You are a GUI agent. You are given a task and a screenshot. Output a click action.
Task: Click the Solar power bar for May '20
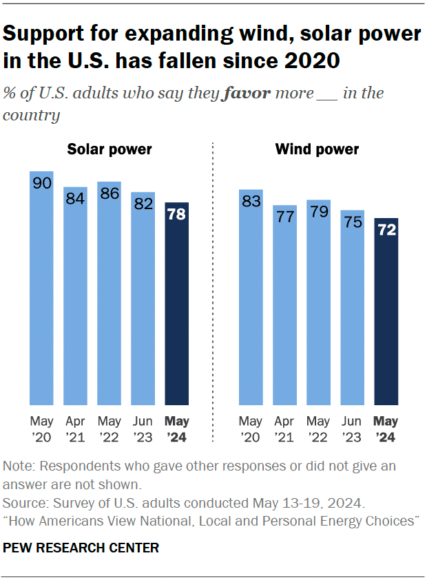coord(41,289)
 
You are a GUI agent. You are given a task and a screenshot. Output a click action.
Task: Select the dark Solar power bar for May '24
coord(177,306)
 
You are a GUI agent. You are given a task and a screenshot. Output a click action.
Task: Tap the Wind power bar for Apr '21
coord(285,306)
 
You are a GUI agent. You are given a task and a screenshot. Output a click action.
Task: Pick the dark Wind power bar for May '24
coord(386,313)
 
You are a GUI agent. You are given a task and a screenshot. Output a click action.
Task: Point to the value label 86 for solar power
coord(109,194)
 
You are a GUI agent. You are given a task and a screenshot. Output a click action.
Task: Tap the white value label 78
coord(177,215)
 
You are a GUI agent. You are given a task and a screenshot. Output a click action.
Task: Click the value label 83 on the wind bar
coord(251,202)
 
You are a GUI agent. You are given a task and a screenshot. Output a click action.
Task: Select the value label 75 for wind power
coord(353,222)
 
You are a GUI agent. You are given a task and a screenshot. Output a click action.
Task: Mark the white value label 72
coord(386,230)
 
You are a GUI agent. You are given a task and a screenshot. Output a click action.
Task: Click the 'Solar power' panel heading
coord(109,149)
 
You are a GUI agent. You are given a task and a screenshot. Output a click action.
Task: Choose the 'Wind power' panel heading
coord(317,149)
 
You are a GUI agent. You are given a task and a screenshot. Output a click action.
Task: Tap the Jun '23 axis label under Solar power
coord(143,427)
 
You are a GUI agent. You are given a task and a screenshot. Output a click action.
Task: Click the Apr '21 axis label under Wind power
coord(285,427)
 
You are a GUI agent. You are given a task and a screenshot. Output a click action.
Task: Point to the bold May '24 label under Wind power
coord(386,427)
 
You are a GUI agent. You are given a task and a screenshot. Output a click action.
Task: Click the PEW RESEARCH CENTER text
coord(81,548)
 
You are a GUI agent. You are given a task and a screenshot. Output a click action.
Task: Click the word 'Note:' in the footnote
coord(19,466)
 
